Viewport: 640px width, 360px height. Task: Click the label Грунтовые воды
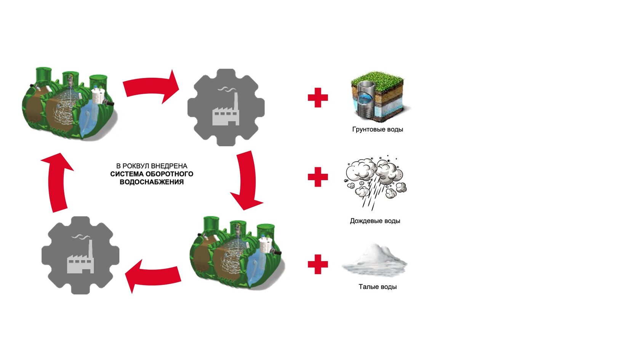pos(378,130)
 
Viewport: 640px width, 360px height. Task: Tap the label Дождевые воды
pos(375,221)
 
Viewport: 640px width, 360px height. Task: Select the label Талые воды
pos(378,287)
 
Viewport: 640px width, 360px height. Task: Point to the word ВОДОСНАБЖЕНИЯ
pos(152,182)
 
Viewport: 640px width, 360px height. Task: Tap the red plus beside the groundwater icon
pos(318,98)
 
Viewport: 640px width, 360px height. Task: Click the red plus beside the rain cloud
pos(318,177)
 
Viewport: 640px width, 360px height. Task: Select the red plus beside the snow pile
pos(318,264)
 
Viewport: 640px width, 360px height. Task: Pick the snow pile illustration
pos(375,261)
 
